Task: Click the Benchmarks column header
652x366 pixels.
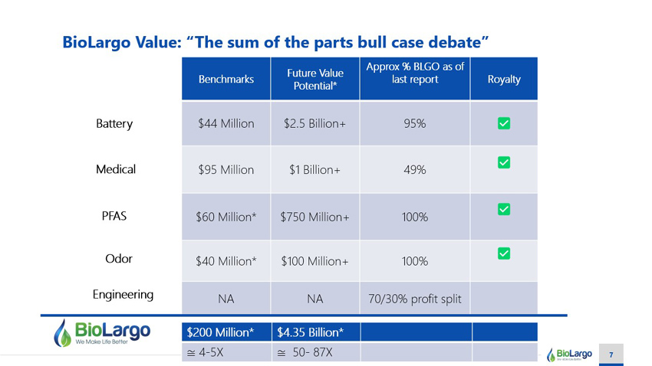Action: pos(226,79)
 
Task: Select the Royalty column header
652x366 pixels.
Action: pos(503,79)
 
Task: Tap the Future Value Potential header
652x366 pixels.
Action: pos(314,79)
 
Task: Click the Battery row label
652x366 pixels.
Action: pos(114,124)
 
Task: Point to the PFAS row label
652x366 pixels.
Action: pos(114,216)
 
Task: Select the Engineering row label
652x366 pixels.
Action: pos(123,295)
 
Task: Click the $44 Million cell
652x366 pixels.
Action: pos(226,123)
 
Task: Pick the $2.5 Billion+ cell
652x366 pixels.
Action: pos(314,123)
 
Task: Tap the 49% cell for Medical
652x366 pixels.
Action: pos(414,169)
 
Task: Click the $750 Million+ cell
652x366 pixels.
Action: pos(314,217)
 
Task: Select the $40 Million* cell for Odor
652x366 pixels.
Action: pos(226,261)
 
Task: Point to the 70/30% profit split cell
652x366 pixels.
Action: pos(414,299)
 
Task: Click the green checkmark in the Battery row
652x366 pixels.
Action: pos(504,123)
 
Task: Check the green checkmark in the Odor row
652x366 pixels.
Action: pos(504,253)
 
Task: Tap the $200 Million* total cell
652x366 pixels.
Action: pos(226,332)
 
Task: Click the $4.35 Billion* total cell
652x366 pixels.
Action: pos(317,332)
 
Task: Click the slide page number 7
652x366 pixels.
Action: pos(611,355)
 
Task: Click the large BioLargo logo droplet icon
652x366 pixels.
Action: pos(62,333)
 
